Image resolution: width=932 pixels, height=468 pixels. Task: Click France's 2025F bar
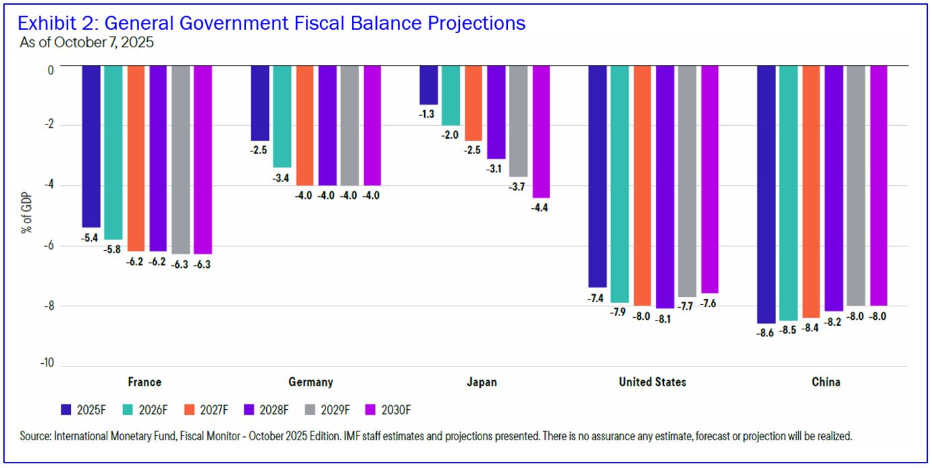pos(91,146)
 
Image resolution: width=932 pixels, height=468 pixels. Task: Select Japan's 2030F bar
pos(541,131)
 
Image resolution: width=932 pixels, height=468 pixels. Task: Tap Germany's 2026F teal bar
pos(282,116)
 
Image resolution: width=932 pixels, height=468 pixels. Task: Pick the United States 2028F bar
pos(665,187)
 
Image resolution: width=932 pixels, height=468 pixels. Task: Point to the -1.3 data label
pos(427,114)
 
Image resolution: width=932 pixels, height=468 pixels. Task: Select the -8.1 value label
pos(665,319)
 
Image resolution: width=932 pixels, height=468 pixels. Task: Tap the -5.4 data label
pos(90,238)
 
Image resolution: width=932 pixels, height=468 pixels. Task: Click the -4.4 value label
pos(540,208)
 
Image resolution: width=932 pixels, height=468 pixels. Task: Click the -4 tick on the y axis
pos(49,185)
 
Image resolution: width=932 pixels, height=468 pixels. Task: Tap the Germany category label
pos(311,382)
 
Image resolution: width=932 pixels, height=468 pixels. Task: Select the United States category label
pos(652,382)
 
